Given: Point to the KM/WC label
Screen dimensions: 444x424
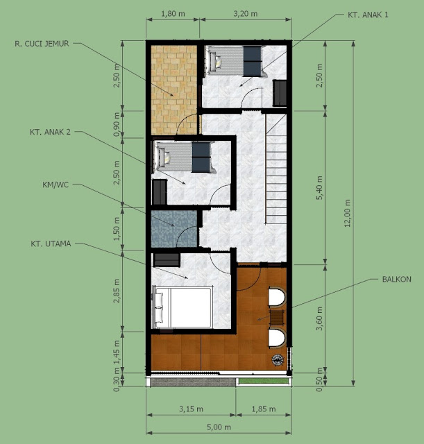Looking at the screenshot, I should tap(55, 185).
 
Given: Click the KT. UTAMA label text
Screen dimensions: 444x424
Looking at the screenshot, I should tap(51, 244).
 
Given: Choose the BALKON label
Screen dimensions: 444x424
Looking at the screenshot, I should tap(396, 279).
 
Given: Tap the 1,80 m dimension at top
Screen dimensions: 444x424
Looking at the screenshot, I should tap(173, 12).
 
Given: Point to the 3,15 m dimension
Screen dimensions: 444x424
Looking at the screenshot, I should tap(190, 408).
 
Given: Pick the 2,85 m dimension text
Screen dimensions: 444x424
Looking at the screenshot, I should tap(117, 293).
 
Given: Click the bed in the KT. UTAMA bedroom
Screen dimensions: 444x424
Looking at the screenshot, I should tap(183, 307).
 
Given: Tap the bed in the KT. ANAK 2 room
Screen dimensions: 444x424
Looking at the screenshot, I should tap(183, 156).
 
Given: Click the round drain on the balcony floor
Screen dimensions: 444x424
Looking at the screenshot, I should tap(278, 359).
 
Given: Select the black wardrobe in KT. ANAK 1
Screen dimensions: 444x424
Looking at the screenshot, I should tap(280, 92).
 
